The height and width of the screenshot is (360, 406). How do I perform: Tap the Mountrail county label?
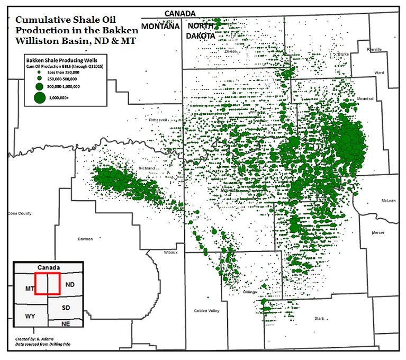(366, 99)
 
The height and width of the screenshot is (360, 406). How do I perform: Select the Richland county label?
(147, 168)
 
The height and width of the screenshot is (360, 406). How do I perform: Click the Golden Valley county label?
(206, 311)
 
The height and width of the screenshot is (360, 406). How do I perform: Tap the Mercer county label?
(378, 232)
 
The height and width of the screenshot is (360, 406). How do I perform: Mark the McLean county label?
(388, 201)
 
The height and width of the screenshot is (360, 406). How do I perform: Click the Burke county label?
(344, 54)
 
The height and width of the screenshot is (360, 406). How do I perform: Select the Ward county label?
(379, 73)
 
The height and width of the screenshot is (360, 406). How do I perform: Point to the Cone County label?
(20, 213)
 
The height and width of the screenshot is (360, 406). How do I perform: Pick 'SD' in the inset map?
(66, 308)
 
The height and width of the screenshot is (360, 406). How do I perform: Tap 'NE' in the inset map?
(66, 323)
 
